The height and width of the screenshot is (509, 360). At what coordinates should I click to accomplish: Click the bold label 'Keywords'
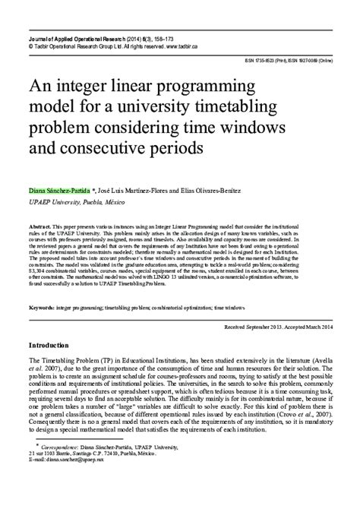43,308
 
